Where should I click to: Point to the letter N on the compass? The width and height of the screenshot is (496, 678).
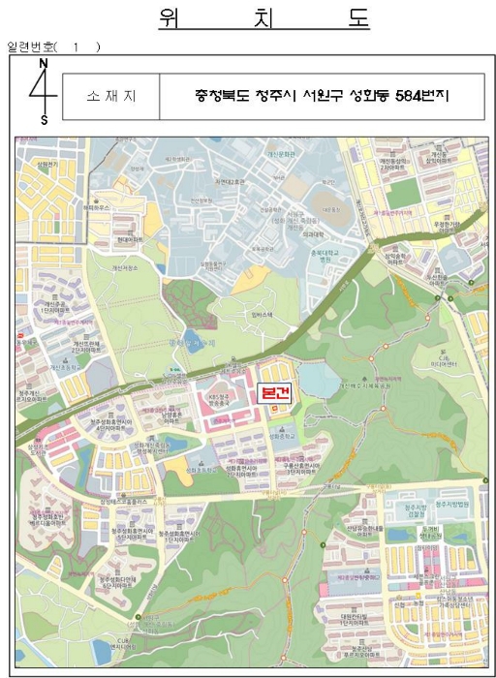point(42,63)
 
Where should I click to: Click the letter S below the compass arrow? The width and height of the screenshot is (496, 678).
point(43,120)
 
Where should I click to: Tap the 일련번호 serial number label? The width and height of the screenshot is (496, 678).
point(32,46)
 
